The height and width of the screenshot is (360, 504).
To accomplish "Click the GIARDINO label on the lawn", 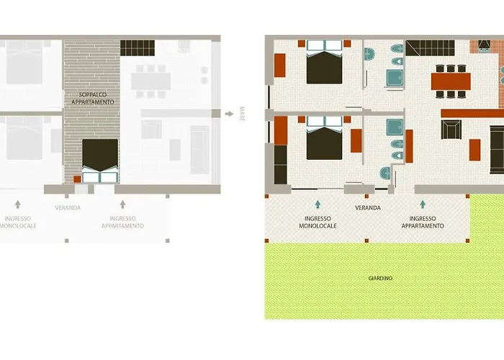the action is pyautogui.click(x=380, y=278).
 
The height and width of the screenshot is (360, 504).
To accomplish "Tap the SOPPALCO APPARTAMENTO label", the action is pyautogui.click(x=93, y=99).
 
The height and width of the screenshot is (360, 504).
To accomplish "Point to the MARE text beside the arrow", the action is pyautogui.click(x=242, y=114).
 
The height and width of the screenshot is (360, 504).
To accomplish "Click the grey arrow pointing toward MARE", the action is pyautogui.click(x=229, y=114).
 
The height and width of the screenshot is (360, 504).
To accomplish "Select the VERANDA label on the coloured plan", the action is pyautogui.click(x=368, y=207).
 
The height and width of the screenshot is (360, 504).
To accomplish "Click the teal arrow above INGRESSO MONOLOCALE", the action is pyautogui.click(x=318, y=204).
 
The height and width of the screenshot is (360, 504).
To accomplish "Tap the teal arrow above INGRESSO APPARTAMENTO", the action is pyautogui.click(x=423, y=204).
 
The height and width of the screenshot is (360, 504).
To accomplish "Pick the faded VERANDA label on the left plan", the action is pyautogui.click(x=68, y=207).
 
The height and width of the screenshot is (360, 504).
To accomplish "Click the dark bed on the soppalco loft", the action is pyautogui.click(x=100, y=161).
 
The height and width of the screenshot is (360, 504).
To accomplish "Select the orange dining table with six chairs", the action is pyautogui.click(x=451, y=81).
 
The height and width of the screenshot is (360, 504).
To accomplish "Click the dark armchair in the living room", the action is pyautogui.click(x=451, y=130).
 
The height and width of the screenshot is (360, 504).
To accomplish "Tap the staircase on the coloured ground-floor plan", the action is pyautogui.click(x=430, y=48).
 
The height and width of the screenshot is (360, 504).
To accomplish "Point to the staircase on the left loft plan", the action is pyautogui.click(x=138, y=48).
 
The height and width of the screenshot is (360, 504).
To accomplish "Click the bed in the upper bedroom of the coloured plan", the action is pyautogui.click(x=324, y=62).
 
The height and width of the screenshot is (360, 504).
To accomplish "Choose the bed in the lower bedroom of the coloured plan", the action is pyautogui.click(x=324, y=138).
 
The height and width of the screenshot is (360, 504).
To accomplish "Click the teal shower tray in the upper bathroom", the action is pyautogui.click(x=395, y=78).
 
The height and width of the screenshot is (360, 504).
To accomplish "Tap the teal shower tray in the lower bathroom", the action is pyautogui.click(x=395, y=127).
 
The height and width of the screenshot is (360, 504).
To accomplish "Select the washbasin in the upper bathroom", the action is pyautogui.click(x=369, y=54).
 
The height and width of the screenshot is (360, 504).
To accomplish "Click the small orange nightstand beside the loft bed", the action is pyautogui.click(x=77, y=179).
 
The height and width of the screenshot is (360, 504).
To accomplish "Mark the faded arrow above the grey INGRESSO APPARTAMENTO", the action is pyautogui.click(x=122, y=204).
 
